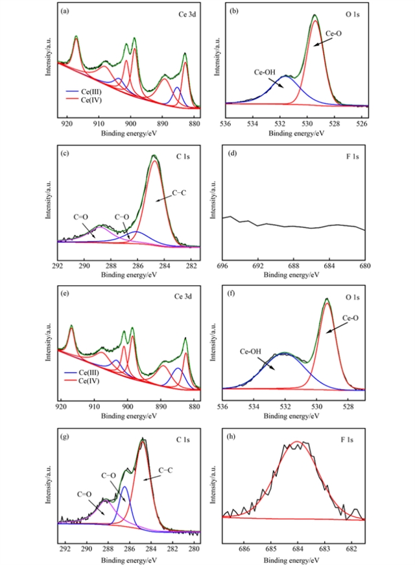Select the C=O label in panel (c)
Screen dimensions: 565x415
click(x=82, y=218)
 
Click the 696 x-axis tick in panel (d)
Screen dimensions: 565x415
click(x=223, y=266)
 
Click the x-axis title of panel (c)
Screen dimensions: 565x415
click(x=129, y=275)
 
